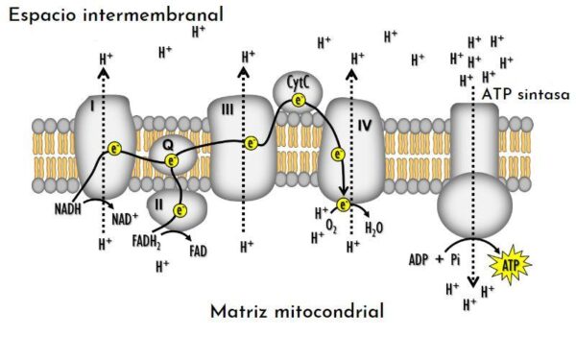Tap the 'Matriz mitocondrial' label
(x=297, y=311)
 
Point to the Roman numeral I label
(x=91, y=108)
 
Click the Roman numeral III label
(x=228, y=110)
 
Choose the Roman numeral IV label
(x=364, y=125)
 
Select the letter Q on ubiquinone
(x=167, y=143)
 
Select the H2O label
(x=375, y=228)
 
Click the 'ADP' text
(x=419, y=259)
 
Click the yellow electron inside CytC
(x=298, y=100)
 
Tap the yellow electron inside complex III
(x=251, y=144)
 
